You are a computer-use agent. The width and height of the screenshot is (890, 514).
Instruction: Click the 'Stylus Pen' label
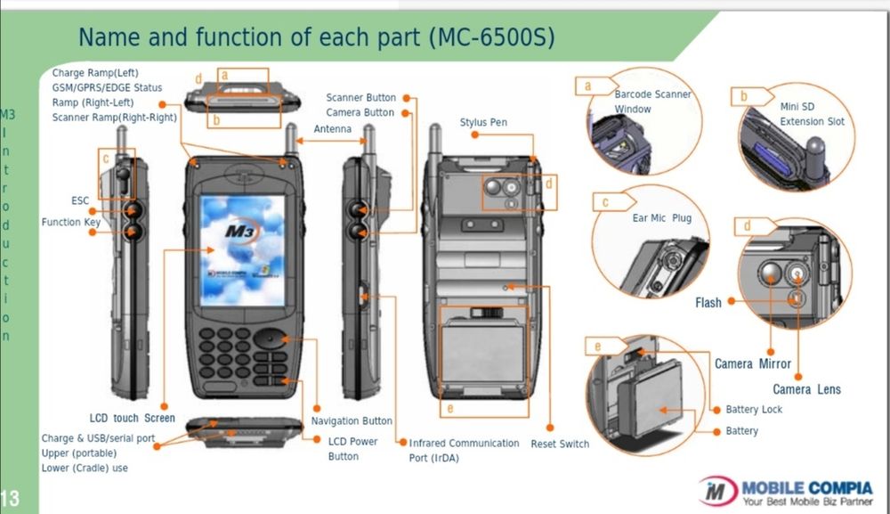tap(483, 122)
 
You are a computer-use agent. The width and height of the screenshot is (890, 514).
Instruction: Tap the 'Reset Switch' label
tap(560, 444)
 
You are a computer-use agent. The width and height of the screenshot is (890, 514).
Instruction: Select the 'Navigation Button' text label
tap(352, 420)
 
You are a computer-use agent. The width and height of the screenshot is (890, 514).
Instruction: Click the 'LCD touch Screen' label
tap(132, 418)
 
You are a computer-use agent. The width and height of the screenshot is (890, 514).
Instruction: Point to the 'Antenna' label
tap(333, 129)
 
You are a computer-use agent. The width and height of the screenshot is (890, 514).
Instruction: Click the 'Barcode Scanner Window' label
tap(651, 102)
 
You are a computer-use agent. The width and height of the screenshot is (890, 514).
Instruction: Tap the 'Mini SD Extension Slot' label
tap(812, 113)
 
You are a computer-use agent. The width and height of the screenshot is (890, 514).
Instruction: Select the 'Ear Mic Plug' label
tap(661, 217)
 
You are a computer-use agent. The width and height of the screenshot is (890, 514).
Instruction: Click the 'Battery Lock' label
tap(754, 410)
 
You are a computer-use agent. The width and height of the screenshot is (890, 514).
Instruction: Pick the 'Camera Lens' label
tap(806, 389)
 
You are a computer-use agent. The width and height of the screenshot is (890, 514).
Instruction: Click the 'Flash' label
tap(708, 303)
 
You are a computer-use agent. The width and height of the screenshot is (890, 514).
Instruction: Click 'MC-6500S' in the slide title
tap(491, 37)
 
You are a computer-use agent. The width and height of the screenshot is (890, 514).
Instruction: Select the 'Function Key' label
tap(71, 223)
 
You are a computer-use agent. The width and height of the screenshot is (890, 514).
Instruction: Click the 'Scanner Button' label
tap(360, 98)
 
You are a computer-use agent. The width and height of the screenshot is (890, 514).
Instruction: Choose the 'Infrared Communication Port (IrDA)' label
tap(464, 450)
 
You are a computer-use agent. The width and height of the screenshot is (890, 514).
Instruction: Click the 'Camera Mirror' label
tap(752, 363)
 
